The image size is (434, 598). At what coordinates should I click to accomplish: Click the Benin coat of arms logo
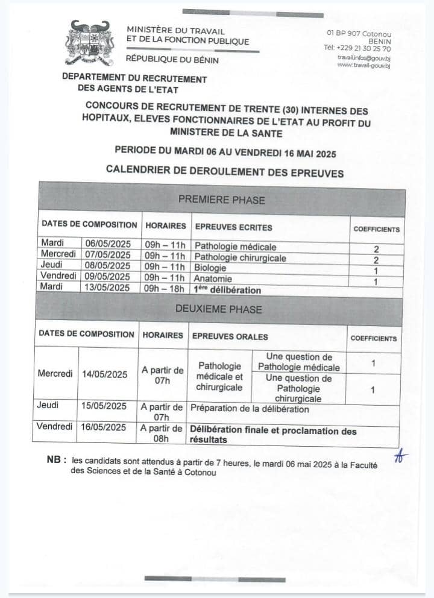click(x=89, y=43)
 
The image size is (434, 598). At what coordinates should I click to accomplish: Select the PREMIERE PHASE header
click(x=221, y=200)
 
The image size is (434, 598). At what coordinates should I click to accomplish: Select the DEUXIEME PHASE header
click(x=218, y=309)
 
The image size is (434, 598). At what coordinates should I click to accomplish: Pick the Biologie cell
click(x=210, y=268)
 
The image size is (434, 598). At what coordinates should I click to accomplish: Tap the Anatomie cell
click(x=212, y=279)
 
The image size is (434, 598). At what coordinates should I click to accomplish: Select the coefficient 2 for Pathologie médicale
click(x=376, y=248)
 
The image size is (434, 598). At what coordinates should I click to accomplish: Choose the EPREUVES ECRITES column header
click(x=233, y=227)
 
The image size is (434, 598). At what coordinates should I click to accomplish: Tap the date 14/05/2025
click(x=104, y=374)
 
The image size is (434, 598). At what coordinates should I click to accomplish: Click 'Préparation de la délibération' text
click(x=250, y=409)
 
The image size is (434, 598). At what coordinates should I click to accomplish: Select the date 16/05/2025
click(x=104, y=427)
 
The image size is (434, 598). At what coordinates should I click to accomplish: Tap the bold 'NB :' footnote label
click(x=56, y=460)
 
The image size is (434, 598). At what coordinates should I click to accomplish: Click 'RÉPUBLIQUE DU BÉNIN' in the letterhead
click(x=172, y=60)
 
